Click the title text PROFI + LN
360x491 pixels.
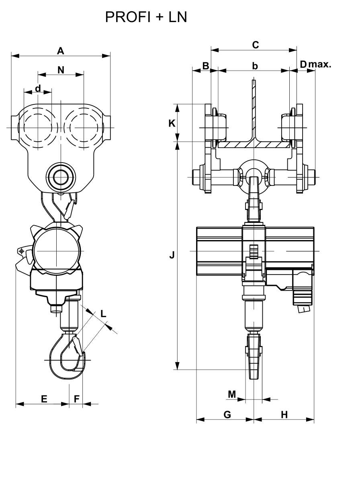[x=146, y=17]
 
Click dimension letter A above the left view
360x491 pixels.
[x=61, y=51]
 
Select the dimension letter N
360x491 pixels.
[x=61, y=70]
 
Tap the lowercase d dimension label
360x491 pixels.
[x=38, y=89]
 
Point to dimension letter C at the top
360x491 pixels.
[x=256, y=45]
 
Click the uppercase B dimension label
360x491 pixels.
[x=206, y=66]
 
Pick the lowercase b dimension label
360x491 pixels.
[x=255, y=66]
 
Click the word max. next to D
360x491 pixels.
[x=320, y=65]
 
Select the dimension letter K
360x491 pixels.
[x=172, y=124]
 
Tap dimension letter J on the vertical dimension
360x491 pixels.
[x=172, y=255]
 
